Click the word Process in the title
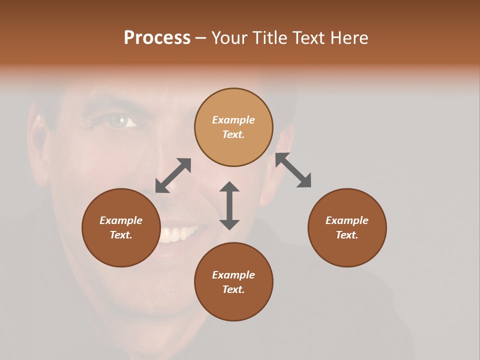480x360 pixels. pos(157,38)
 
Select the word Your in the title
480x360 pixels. pos(230,38)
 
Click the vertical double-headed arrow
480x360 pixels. pos(229,205)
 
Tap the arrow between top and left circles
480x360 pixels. pos(173,175)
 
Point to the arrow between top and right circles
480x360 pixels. pos(293,170)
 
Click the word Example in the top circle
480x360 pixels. pos(233,120)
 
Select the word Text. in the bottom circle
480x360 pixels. pos(233,289)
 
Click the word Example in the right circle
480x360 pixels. pos(347,220)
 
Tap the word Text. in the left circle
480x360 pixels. pos(121,235)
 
